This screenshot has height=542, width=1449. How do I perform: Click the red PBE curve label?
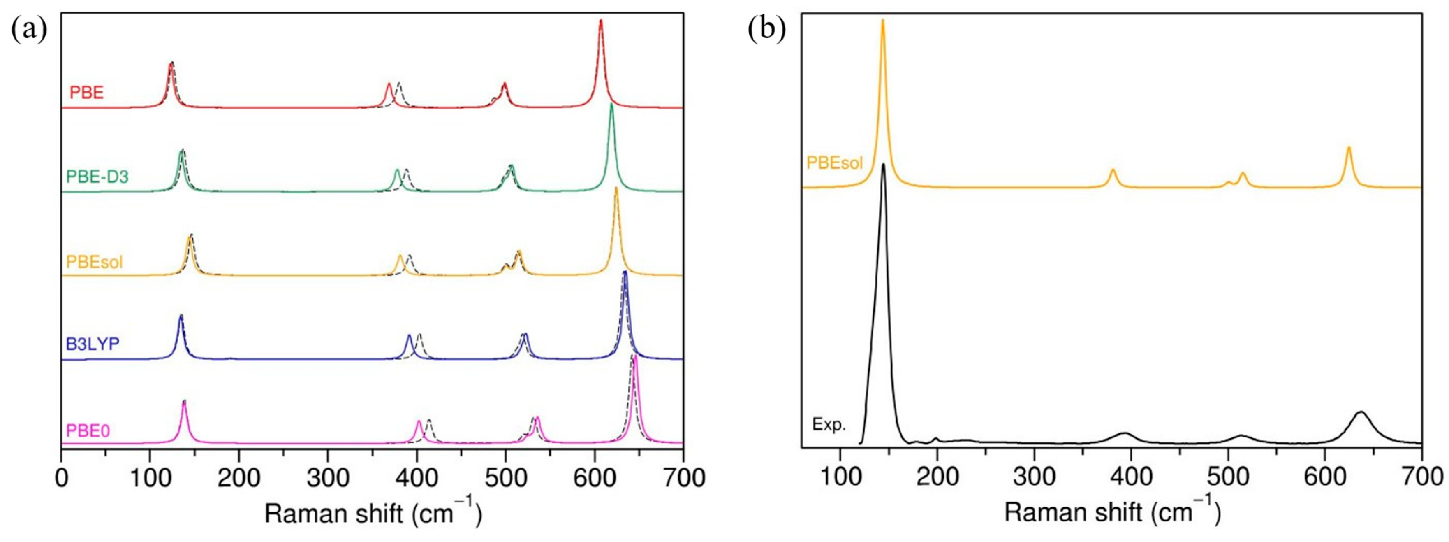(87, 92)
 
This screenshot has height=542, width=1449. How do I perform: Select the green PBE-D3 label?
(97, 177)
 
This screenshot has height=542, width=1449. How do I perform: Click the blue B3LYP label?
(93, 344)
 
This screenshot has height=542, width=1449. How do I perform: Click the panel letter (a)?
(29, 29)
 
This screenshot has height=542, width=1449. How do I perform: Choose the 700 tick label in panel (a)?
(683, 478)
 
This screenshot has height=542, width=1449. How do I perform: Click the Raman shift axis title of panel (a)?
(373, 513)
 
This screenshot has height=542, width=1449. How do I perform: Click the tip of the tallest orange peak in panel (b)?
(882, 20)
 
